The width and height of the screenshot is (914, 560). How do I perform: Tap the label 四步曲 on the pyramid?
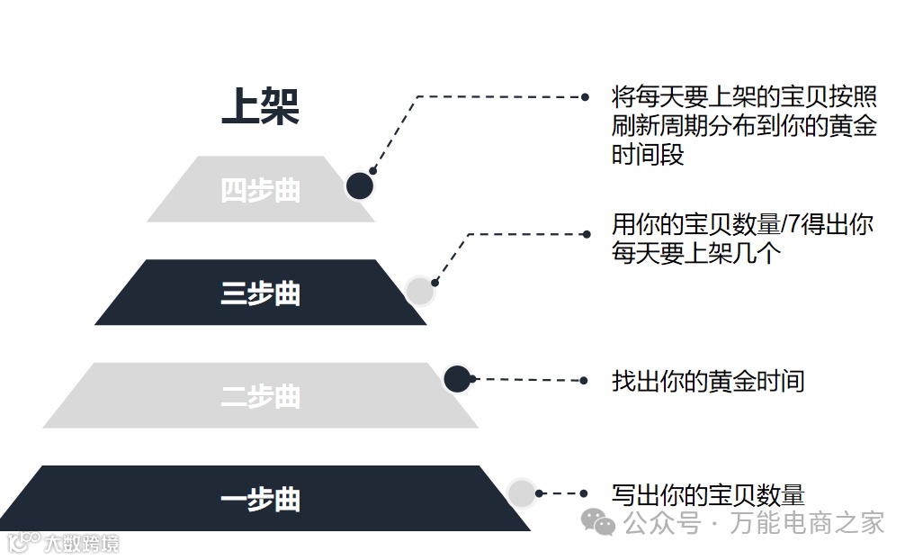pyautogui.click(x=260, y=191)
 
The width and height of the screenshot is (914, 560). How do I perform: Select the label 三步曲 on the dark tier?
pyautogui.click(x=260, y=294)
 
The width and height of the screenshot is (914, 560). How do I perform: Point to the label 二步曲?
pyautogui.click(x=260, y=396)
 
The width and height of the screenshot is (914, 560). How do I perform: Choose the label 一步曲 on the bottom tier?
pyautogui.click(x=260, y=500)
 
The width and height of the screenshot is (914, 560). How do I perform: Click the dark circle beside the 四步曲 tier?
pyautogui.click(x=360, y=186)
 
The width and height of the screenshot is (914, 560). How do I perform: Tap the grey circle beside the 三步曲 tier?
pyautogui.click(x=419, y=290)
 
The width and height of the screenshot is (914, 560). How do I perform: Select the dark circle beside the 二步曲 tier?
pyautogui.click(x=457, y=379)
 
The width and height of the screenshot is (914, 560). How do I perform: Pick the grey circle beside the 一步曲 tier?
pyautogui.click(x=522, y=492)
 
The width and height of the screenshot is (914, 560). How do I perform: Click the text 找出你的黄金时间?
pyautogui.click(x=707, y=381)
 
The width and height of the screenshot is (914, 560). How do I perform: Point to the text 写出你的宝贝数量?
pyautogui.click(x=707, y=494)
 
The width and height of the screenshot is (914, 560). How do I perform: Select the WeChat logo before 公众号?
pyautogui.click(x=598, y=521)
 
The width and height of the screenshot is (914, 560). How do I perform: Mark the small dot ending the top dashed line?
pyautogui.click(x=586, y=96)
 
